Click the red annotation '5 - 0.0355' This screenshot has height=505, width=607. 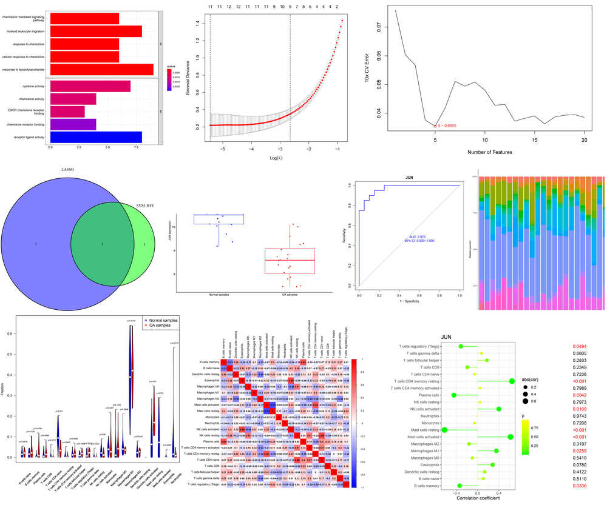tap(446, 125)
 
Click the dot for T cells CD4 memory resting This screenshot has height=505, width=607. tap(512, 381)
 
